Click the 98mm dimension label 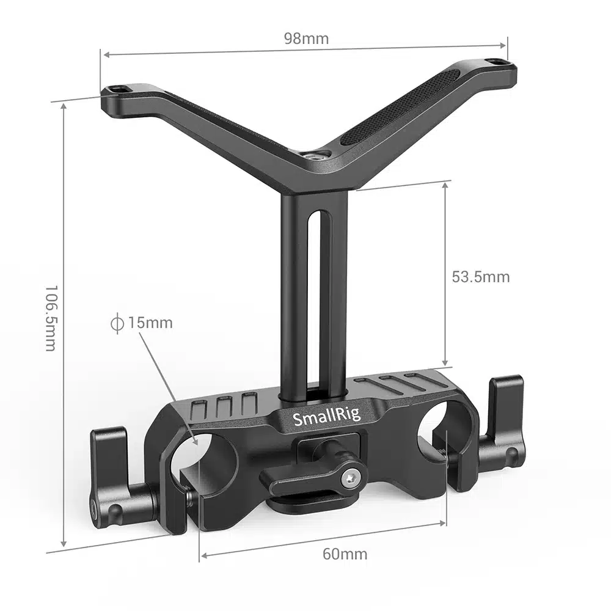tap(305, 38)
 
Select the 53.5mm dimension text tap(480, 277)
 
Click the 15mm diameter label tap(150, 323)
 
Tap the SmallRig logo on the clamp tap(327, 418)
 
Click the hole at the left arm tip tap(119, 90)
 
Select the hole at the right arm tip tap(496, 62)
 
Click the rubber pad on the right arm tap(400, 107)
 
